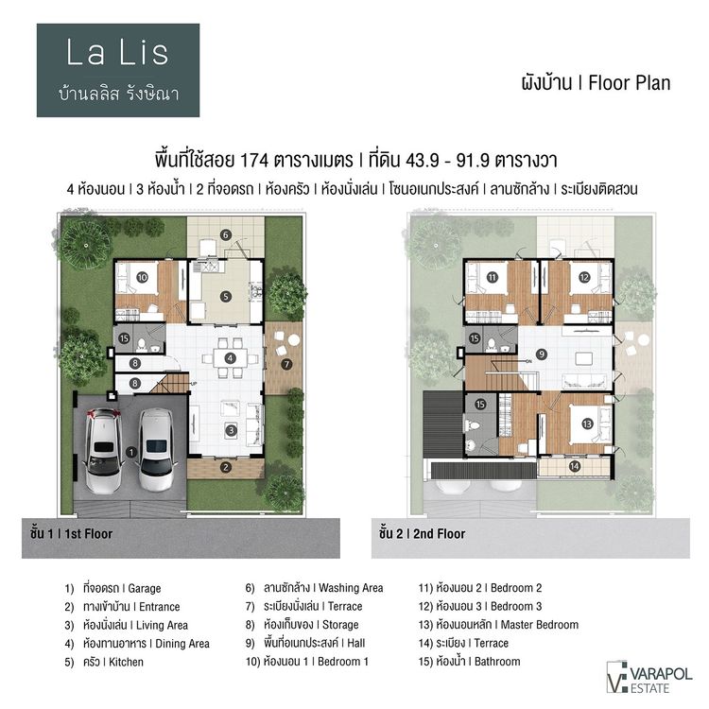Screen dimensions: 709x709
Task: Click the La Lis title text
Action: click(x=118, y=53)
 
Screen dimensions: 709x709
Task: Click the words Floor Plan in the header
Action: click(x=629, y=82)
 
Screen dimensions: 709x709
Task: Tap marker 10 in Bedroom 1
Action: click(x=142, y=278)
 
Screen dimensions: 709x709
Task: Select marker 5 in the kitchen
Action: click(x=226, y=296)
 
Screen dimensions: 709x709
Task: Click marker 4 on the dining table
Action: click(x=230, y=357)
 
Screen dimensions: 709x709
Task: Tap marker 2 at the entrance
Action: click(x=226, y=466)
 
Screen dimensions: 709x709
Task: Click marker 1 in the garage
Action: click(x=130, y=451)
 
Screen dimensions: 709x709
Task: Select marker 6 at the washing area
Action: click(x=226, y=234)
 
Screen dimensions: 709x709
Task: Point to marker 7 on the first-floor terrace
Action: click(x=286, y=363)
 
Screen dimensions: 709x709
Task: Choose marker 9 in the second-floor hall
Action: click(x=542, y=354)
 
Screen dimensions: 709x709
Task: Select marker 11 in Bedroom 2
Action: click(x=493, y=278)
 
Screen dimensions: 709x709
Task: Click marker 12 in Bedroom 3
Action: click(x=583, y=277)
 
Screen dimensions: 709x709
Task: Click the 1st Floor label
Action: click(x=71, y=534)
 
